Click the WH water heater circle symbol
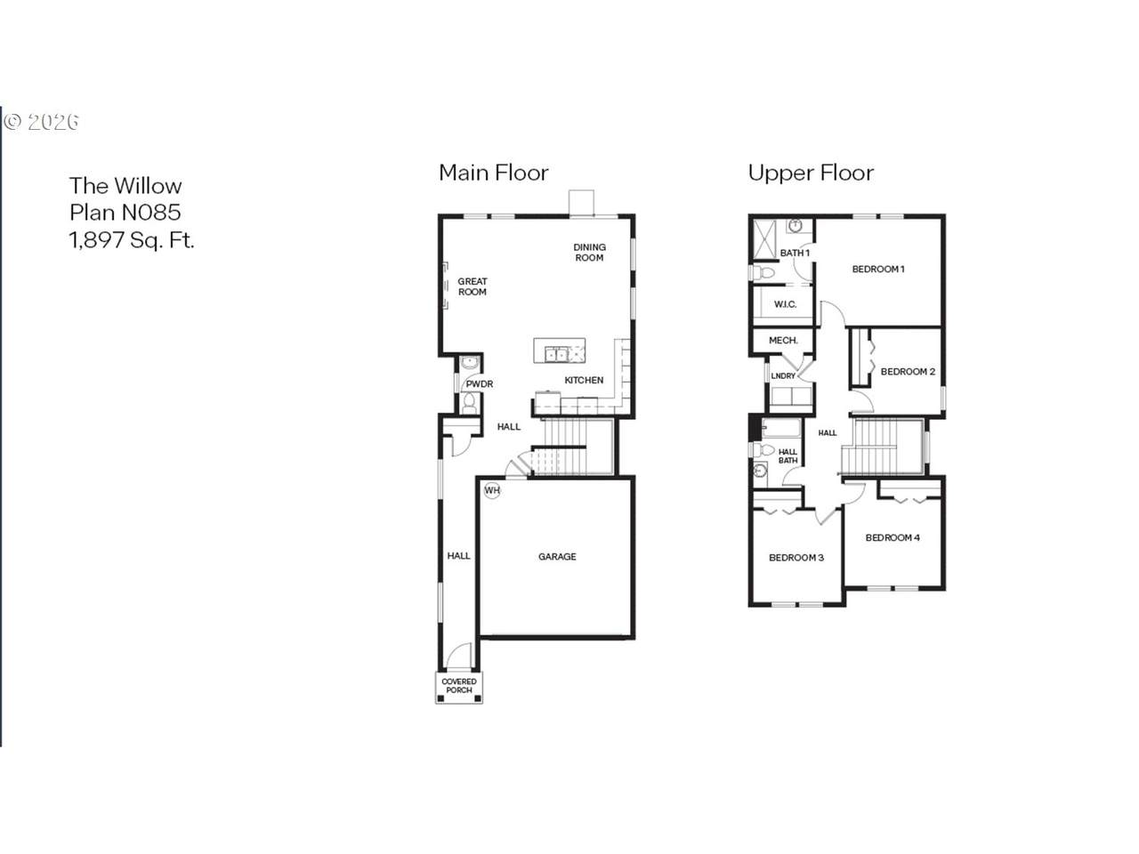point(492,490)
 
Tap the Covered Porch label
point(458,686)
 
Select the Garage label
point(557,556)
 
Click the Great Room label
point(473,286)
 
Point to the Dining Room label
point(589,252)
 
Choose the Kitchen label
point(584,380)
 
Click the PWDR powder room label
point(480,384)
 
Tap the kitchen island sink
point(556,355)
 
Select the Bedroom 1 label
point(878,270)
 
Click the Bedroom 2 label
point(908,372)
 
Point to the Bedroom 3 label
point(796,558)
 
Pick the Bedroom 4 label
point(893,537)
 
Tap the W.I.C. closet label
point(785,304)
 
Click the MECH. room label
point(783,341)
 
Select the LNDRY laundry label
point(783,376)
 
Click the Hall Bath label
point(788,456)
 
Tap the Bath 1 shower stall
point(765,239)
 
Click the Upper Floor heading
point(811,173)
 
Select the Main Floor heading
point(494,173)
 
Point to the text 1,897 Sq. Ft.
point(132,240)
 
